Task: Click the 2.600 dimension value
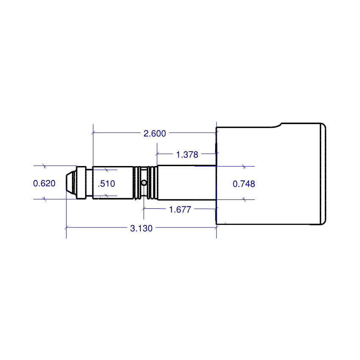coord(155,134)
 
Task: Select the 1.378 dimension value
coord(187,155)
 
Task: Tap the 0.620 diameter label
coord(44,183)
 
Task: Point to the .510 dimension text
coord(106,184)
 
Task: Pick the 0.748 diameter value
coord(244,183)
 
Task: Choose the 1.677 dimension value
coord(180,209)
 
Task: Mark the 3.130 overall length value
coord(141,228)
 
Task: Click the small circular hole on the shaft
coord(144,183)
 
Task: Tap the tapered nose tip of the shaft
coord(69,183)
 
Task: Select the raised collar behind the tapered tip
coord(82,183)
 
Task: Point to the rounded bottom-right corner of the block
coord(324,222)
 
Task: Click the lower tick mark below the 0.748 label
coord(243,199)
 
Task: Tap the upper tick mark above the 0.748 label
coord(243,166)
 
